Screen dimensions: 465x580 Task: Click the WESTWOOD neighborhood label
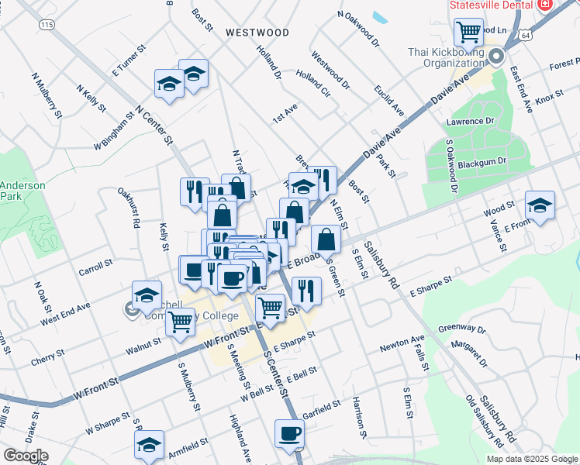click(257, 33)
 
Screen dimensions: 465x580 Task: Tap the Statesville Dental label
click(491, 5)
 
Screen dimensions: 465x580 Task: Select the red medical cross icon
click(544, 5)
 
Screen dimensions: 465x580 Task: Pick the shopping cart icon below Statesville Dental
click(468, 32)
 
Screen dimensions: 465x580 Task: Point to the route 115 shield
click(47, 25)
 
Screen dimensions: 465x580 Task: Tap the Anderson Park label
click(22, 191)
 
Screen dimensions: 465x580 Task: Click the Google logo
click(26, 456)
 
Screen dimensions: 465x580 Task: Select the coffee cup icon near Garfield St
click(290, 433)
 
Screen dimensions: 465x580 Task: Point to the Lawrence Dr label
click(470, 122)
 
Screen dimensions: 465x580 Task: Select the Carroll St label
click(96, 263)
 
